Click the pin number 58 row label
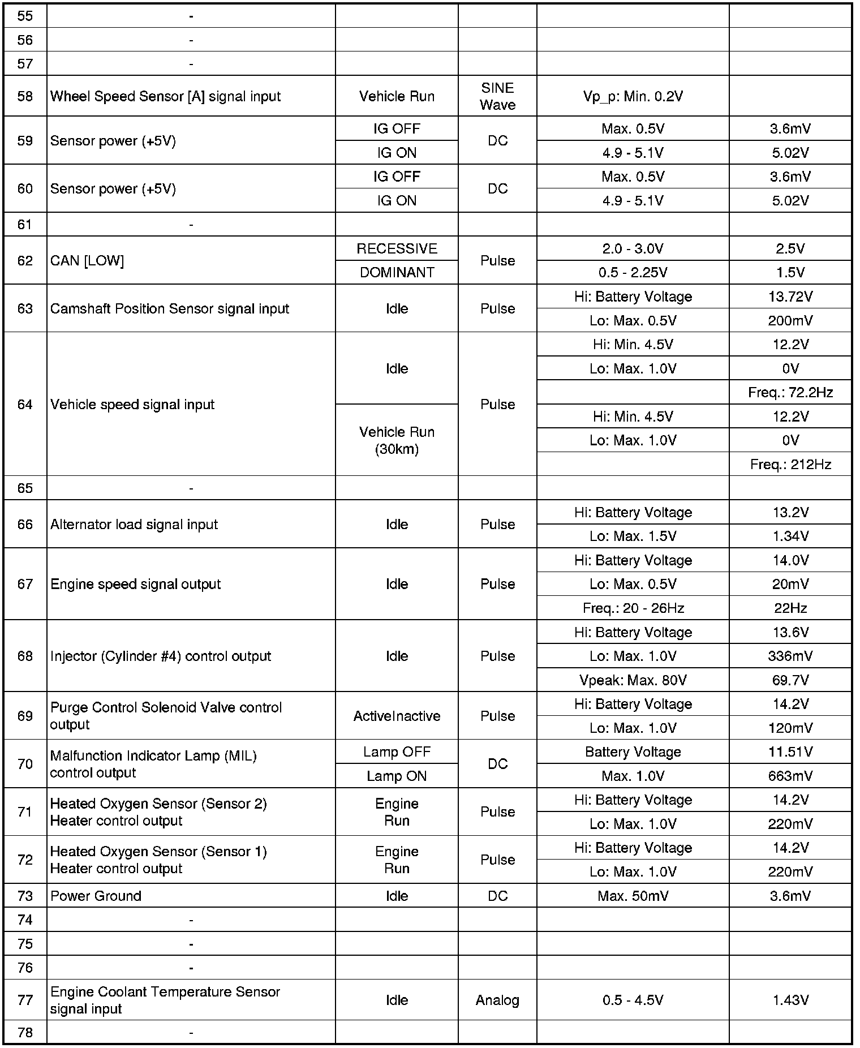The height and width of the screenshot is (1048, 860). (x=25, y=96)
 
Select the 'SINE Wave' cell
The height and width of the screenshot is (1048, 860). (x=497, y=96)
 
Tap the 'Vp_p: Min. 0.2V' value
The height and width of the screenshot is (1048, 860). (x=633, y=96)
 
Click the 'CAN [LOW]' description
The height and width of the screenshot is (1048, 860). (x=87, y=261)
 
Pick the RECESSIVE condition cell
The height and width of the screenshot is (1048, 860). (x=397, y=249)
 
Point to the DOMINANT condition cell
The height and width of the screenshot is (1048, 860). (x=397, y=273)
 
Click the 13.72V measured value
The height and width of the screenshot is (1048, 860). (x=790, y=297)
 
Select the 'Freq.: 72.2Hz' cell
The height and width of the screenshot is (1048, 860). (x=790, y=392)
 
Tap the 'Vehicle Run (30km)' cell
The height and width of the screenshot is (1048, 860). (x=397, y=440)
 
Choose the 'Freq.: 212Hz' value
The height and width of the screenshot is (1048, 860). (x=790, y=465)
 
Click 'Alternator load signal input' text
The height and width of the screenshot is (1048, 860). (x=134, y=525)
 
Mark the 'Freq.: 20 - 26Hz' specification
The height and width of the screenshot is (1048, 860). (x=633, y=608)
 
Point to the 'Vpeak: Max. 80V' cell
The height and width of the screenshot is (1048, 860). (x=633, y=680)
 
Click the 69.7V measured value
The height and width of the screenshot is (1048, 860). (x=790, y=680)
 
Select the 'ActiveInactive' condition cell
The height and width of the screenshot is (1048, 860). (x=397, y=716)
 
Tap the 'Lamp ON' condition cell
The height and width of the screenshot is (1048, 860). (x=397, y=776)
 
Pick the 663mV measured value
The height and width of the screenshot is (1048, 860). (x=790, y=776)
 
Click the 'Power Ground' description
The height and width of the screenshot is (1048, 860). (x=96, y=896)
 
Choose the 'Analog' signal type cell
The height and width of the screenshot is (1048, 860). (x=497, y=1000)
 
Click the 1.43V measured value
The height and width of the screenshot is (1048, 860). (x=790, y=1000)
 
